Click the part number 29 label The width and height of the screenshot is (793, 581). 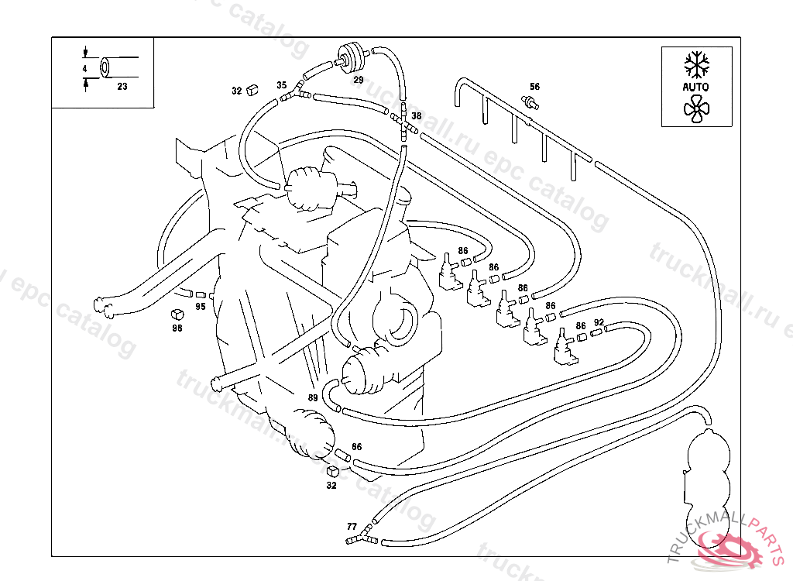click(359, 79)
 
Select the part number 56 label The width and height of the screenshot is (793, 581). click(534, 86)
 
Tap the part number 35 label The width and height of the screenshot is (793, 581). click(282, 84)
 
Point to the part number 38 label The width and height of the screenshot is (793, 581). click(417, 116)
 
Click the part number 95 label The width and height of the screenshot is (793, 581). click(200, 307)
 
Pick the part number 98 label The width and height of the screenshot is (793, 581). click(177, 328)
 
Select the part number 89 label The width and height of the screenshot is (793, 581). click(313, 397)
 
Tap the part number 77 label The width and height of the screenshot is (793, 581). click(352, 526)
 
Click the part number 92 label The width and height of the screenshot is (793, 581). click(599, 322)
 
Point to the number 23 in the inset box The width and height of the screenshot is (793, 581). click(122, 87)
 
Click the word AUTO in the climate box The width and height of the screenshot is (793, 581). click(695, 87)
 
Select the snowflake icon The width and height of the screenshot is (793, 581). click(695, 64)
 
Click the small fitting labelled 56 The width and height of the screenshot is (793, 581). click(531, 101)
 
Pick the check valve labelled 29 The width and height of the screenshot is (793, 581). click(353, 57)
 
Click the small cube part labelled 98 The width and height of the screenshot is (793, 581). click(177, 315)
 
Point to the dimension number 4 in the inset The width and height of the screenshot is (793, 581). click(84, 69)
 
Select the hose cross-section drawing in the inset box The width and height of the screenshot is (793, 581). click(106, 67)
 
